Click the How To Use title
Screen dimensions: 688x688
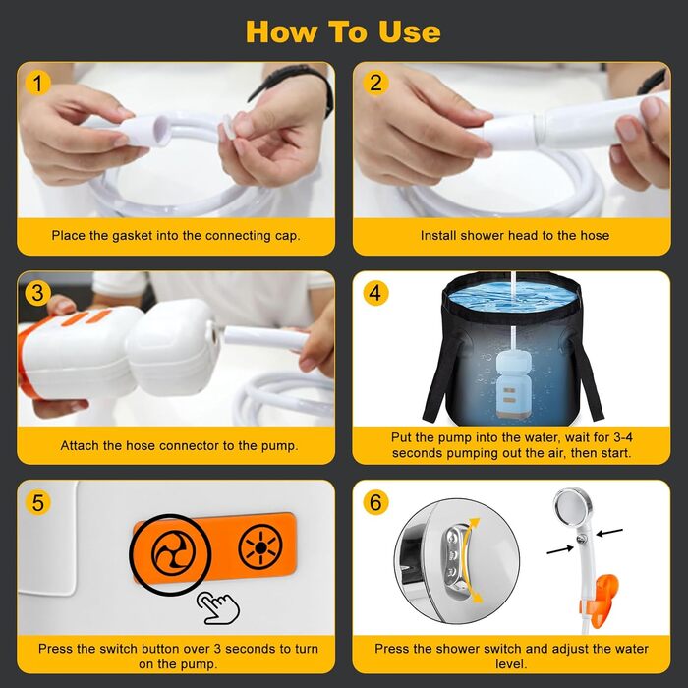pos(343,31)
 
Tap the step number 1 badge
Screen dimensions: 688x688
pos(37,83)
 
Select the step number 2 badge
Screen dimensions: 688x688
pos(375,83)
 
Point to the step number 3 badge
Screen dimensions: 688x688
pos(37,293)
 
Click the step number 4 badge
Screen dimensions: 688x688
pos(375,293)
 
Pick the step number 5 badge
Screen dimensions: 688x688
pos(37,502)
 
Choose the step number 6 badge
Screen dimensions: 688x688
pos(375,502)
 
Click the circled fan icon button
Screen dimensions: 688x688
pos(170,553)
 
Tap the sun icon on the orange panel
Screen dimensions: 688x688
pos(260,547)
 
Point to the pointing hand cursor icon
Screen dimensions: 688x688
pos(218,607)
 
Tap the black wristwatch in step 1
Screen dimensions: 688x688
pos(292,86)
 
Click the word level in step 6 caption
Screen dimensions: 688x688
pos(511,663)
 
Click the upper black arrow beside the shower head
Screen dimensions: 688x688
pos(609,533)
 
